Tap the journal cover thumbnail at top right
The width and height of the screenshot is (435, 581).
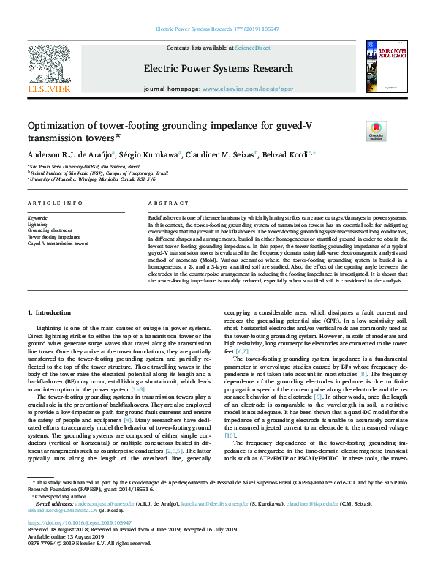coord(386,67)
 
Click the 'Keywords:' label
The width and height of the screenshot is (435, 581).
coord(37,219)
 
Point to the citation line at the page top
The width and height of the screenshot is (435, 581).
coord(217,30)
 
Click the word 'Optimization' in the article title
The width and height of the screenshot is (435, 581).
coord(58,126)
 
